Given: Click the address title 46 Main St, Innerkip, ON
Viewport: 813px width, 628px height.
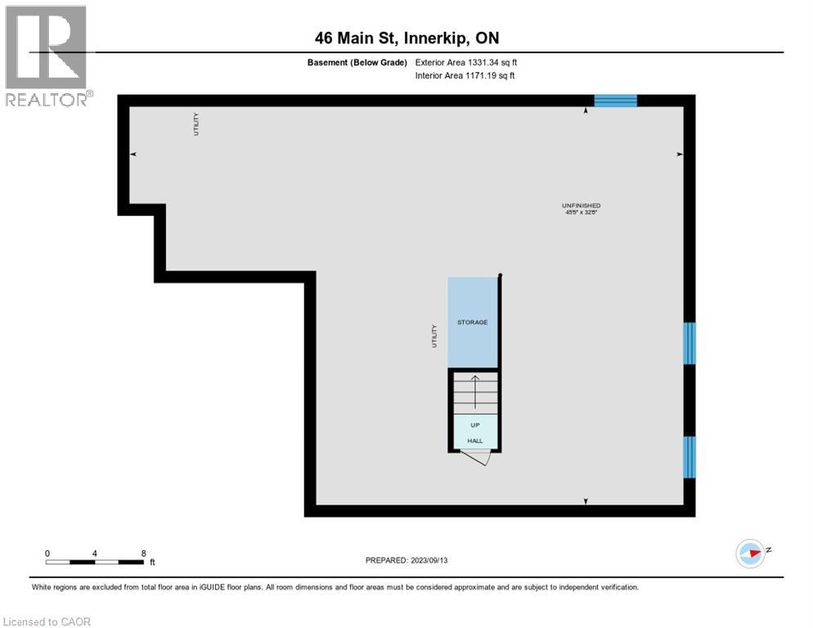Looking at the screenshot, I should click(x=407, y=38).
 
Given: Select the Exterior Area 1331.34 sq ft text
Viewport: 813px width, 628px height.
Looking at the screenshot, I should click(x=465, y=61).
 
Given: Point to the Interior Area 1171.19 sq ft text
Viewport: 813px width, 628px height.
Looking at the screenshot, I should click(x=465, y=75).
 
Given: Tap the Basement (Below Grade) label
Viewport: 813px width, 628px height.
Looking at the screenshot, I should click(x=357, y=61).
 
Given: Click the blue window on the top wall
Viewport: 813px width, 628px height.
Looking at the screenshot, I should click(x=615, y=101).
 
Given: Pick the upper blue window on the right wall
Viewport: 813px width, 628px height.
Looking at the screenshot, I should click(x=689, y=343).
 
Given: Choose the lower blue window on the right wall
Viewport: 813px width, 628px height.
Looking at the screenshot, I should click(x=689, y=456).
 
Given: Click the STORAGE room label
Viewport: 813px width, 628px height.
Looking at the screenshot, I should click(x=472, y=322).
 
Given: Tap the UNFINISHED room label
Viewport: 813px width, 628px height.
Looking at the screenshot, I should click(x=582, y=205).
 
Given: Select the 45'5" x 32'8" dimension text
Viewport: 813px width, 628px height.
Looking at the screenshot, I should click(x=582, y=213).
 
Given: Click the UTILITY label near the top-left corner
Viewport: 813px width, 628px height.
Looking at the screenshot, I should click(x=196, y=124).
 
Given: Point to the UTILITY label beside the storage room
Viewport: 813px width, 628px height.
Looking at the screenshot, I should click(x=434, y=336).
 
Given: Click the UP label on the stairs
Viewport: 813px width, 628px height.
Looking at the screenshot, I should click(x=474, y=425).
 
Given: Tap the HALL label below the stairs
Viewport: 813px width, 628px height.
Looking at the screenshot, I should click(x=474, y=441).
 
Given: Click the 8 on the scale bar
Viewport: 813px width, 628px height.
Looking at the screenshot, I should click(x=143, y=554).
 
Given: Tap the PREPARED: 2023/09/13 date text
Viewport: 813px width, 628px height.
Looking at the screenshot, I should click(x=406, y=560).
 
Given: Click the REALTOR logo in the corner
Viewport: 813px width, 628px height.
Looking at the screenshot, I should click(x=47, y=56).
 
